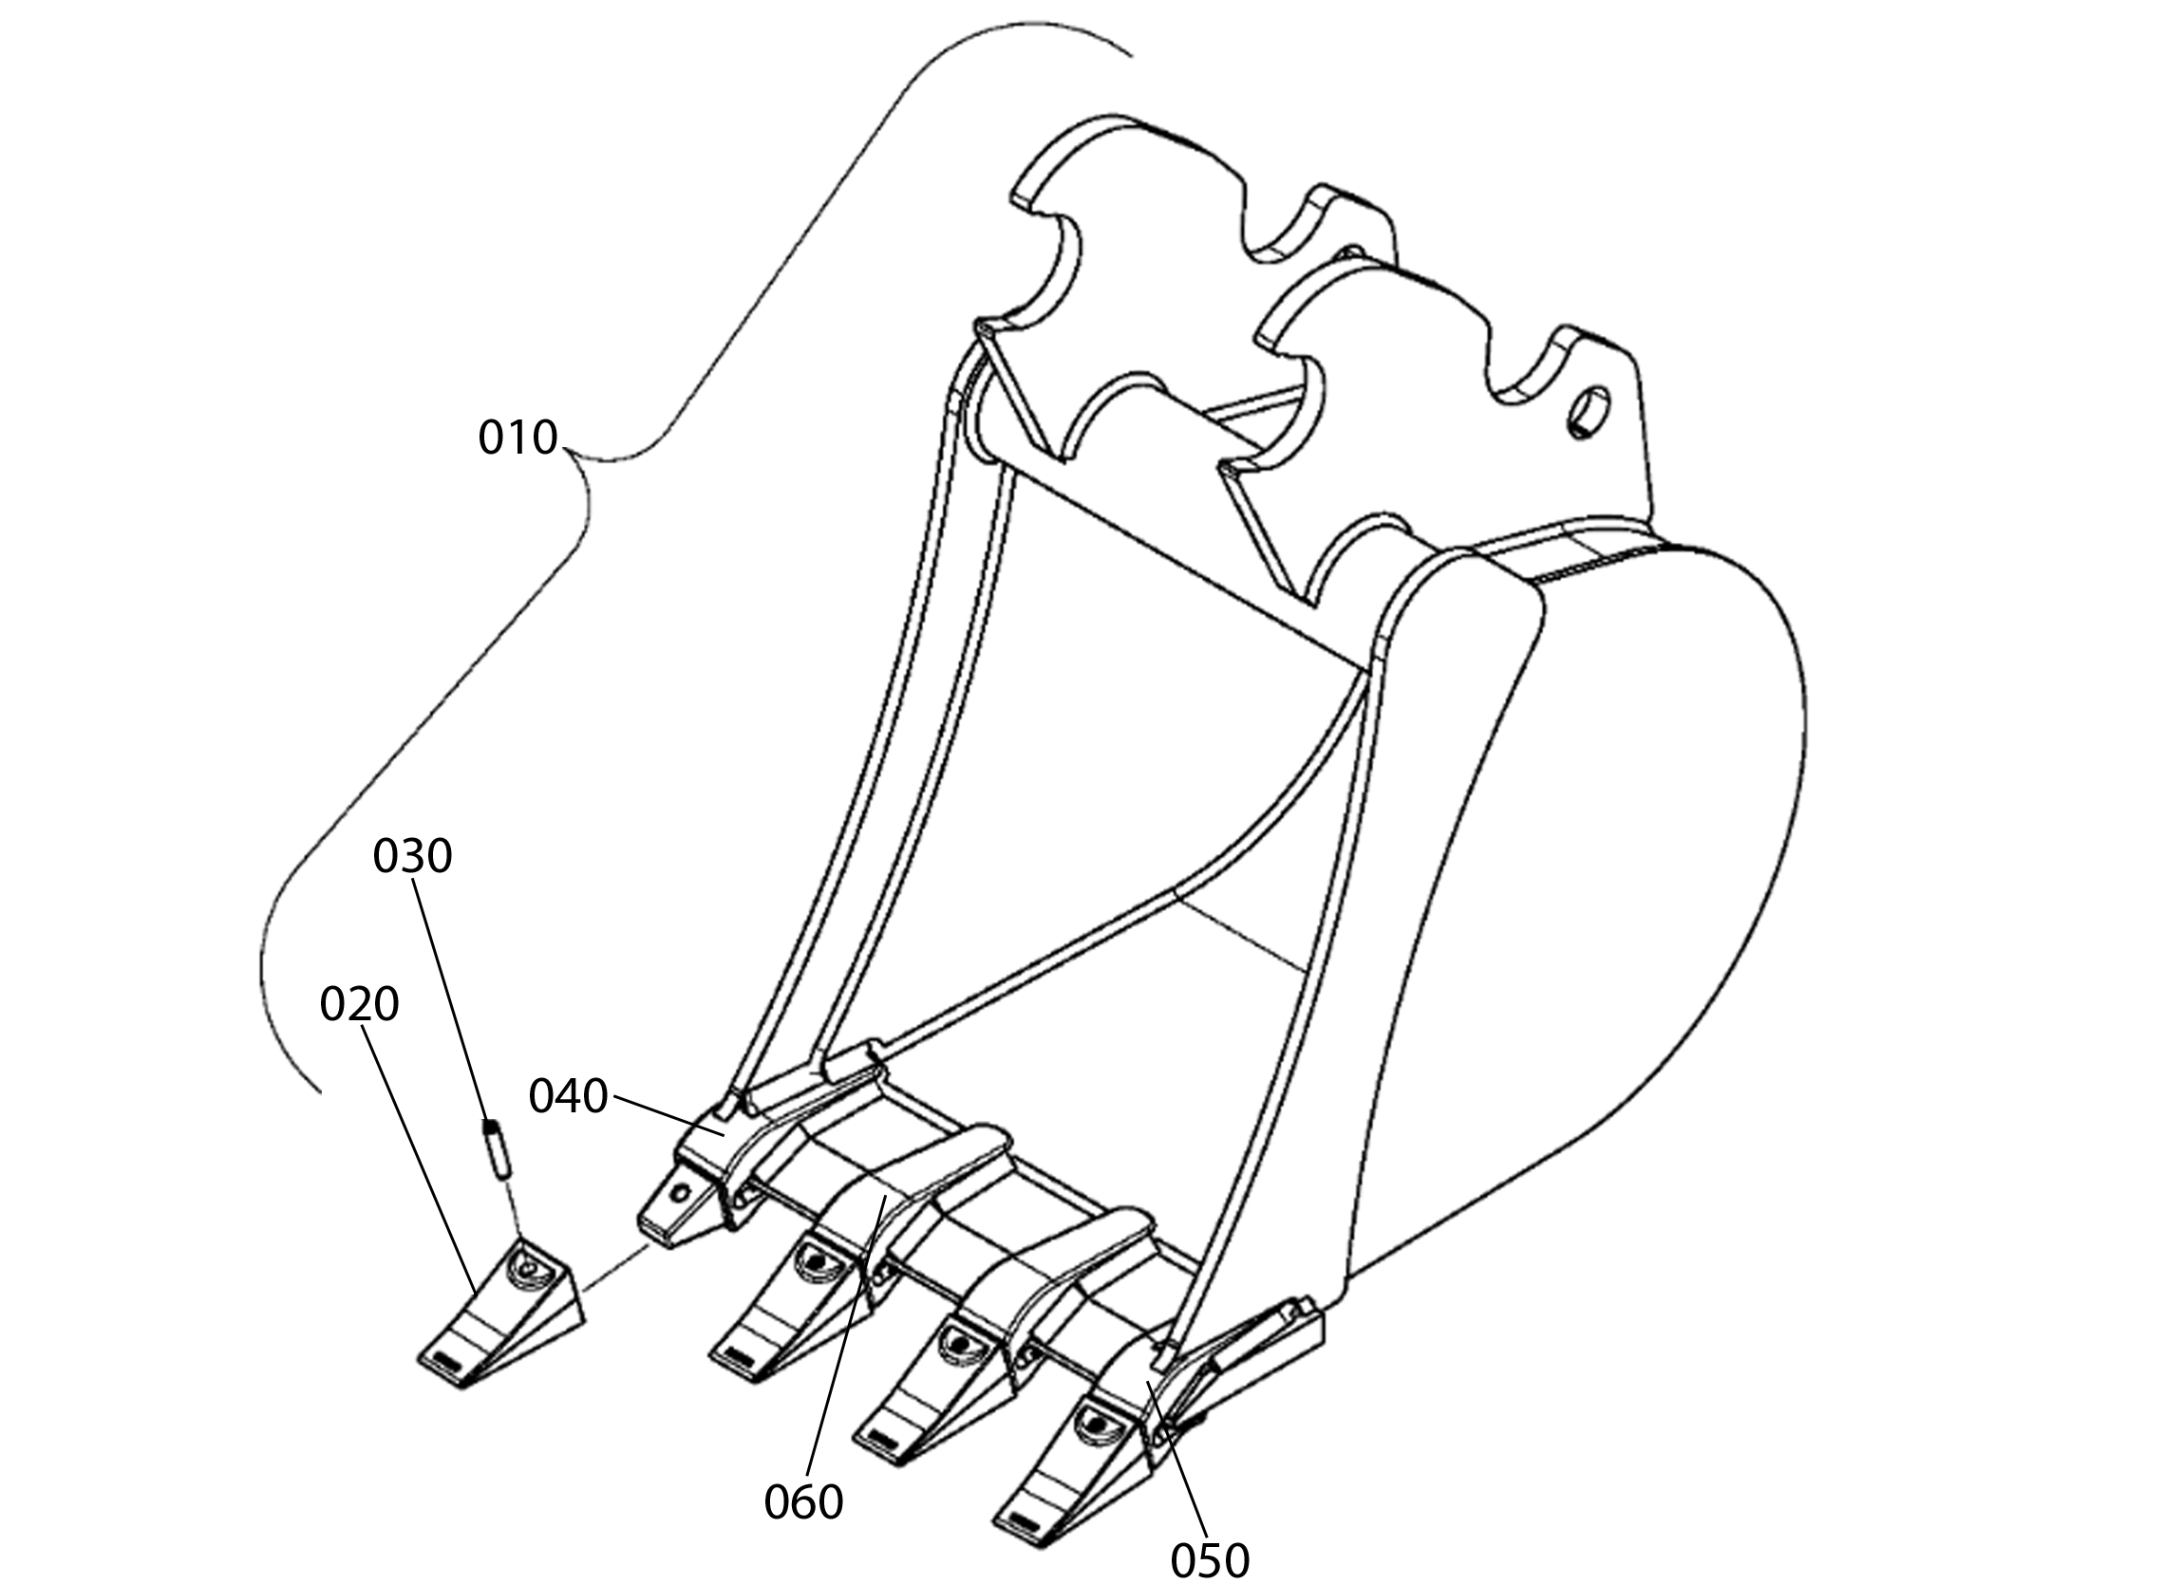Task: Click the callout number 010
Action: pos(518,438)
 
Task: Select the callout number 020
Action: pos(359,1005)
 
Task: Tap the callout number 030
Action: pos(412,855)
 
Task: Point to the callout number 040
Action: pos(568,1096)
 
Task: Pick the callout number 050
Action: pos(1209,1560)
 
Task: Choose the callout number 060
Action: pos(802,1501)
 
